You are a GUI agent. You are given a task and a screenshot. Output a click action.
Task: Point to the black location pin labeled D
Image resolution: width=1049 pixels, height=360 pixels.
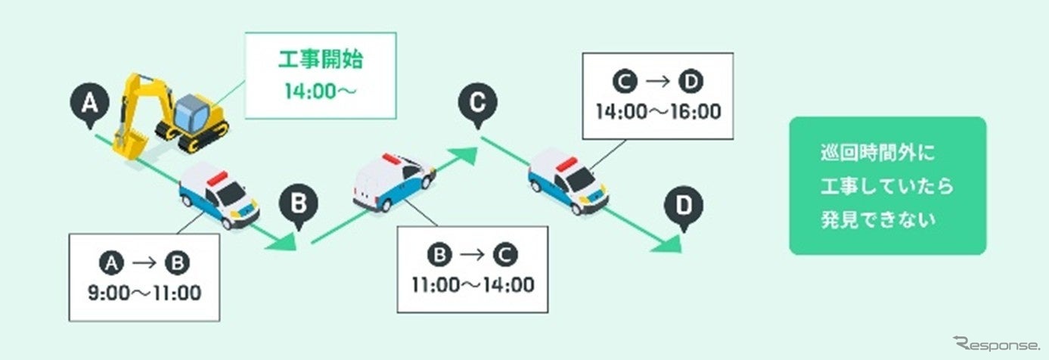(683, 206)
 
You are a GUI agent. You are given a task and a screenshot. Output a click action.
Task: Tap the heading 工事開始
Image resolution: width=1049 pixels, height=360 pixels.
(322, 61)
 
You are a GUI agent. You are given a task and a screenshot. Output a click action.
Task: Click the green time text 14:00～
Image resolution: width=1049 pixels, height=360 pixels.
(322, 92)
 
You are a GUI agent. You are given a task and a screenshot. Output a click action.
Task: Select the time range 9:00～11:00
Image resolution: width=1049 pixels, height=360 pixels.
(144, 293)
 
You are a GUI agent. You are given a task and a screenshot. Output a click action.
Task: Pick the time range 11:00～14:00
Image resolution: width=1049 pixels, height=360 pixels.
(473, 285)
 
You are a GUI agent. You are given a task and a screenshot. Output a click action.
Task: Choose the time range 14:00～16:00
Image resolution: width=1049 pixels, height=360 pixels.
(658, 112)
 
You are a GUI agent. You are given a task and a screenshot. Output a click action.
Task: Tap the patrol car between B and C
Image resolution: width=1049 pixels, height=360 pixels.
(393, 182)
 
